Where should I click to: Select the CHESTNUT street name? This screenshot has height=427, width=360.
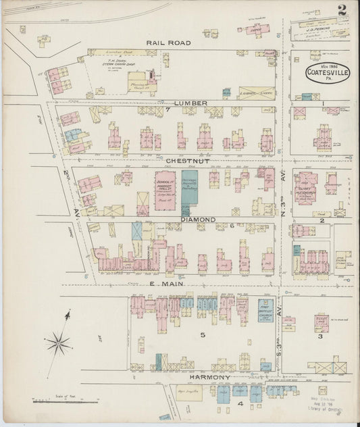178,161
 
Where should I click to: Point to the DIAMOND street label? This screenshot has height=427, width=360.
197,220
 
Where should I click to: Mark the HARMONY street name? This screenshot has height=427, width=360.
210,376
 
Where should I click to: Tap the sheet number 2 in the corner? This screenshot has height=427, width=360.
342,10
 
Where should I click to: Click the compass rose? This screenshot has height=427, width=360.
59,344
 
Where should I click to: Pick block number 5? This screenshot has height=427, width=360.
201,334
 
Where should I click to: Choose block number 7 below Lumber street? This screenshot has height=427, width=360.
166,109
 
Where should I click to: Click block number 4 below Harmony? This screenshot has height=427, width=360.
240,403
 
